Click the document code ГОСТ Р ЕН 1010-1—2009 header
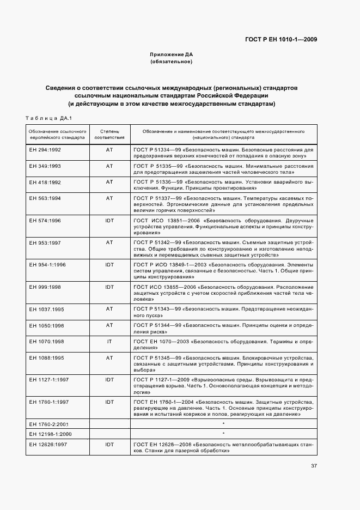pyautogui.click(x=281, y=39)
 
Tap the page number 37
pyautogui.click(x=314, y=465)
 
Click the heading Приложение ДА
pyautogui.click(x=172, y=55)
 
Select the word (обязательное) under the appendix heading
pyautogui.click(x=172, y=62)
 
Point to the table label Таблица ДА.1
pyautogui.click(x=49, y=118)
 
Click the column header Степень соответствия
pyautogui.click(x=109, y=135)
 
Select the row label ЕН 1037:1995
pyautogui.click(x=47, y=308)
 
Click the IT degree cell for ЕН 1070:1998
pyautogui.click(x=109, y=342)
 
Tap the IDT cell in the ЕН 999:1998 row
pyautogui.click(x=109, y=286)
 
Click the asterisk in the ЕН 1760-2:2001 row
pyautogui.click(x=223, y=423)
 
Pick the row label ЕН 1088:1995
pyautogui.click(x=47, y=358)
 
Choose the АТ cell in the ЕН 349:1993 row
pyautogui.click(x=109, y=165)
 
